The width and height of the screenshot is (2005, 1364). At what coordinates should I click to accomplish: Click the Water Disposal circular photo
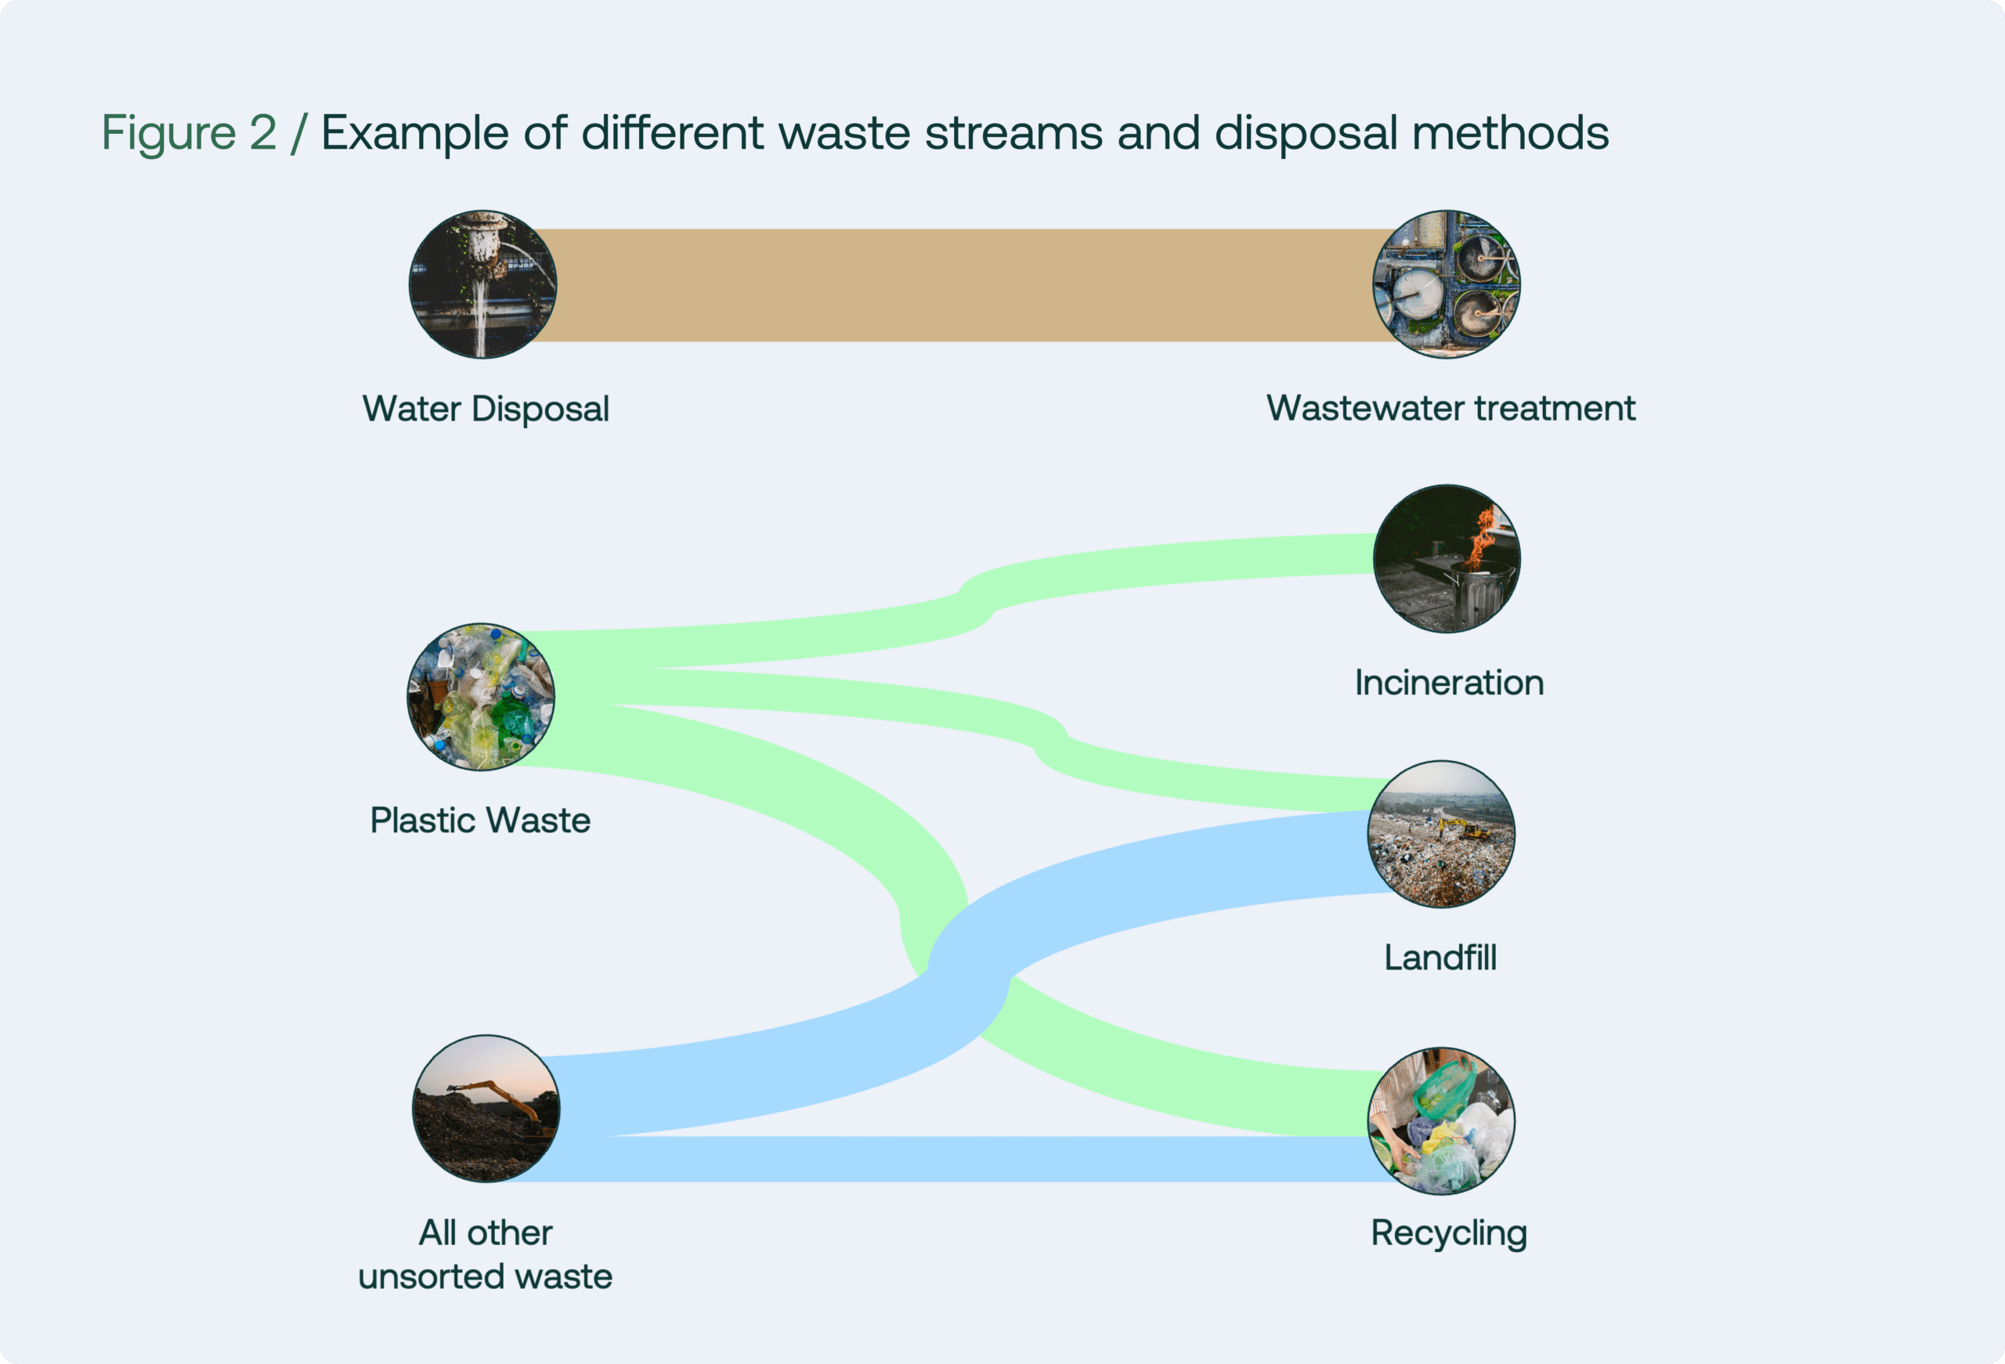click(x=482, y=285)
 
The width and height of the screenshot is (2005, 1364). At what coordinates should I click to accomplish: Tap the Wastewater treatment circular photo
click(x=1447, y=285)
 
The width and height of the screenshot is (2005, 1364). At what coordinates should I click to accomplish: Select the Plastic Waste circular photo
click(x=481, y=696)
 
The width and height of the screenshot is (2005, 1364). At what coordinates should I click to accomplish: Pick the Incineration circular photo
click(x=1447, y=558)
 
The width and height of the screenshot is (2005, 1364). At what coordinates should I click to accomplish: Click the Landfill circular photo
click(x=1441, y=833)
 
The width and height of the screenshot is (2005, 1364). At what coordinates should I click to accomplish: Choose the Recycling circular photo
click(x=1441, y=1120)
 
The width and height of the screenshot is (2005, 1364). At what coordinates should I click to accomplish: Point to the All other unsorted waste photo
click(x=486, y=1108)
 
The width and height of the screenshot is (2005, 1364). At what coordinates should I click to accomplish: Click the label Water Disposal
click(x=486, y=409)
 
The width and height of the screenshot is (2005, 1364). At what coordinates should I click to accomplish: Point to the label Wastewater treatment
click(x=1450, y=408)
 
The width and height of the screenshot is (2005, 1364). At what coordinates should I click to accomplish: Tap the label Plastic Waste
click(x=481, y=821)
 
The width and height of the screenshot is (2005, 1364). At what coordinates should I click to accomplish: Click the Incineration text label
click(x=1449, y=683)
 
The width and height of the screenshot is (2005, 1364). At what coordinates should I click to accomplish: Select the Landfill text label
click(x=1440, y=958)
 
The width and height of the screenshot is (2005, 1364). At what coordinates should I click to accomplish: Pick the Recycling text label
click(x=1449, y=1233)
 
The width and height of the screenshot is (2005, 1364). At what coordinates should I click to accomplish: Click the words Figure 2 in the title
click(x=189, y=133)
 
